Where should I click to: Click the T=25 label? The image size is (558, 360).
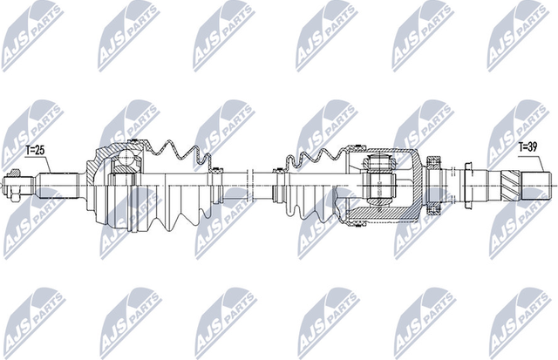pyautogui.click(x=34, y=150)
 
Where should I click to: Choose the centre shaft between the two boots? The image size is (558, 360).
pyautogui.click(x=244, y=184)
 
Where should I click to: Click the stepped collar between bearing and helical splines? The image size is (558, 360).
pyautogui.click(x=475, y=184)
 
